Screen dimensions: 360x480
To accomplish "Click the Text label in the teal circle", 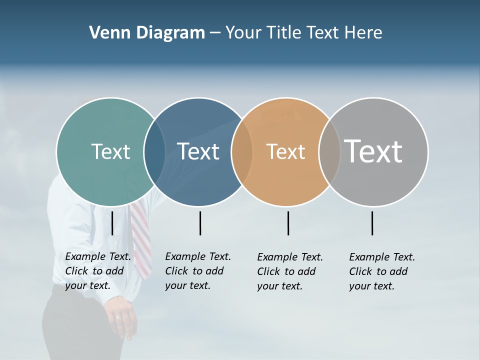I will (110, 151).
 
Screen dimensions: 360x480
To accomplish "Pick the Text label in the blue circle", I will (198, 151).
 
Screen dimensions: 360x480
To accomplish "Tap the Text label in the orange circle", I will (285, 151).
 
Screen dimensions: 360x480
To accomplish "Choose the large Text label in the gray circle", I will (373, 151).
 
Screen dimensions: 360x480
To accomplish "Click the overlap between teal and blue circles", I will (154, 151).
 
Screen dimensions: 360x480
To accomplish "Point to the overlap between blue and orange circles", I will (242, 151).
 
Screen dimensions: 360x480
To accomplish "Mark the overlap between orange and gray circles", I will (329, 151).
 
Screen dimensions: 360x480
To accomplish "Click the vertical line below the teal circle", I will (112, 223).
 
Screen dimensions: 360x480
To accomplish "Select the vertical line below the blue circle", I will (200, 223).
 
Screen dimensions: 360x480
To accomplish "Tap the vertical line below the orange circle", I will (288, 223).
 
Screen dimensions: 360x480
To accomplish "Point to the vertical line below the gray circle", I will (372, 223).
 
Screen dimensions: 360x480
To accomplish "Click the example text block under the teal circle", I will (97, 271).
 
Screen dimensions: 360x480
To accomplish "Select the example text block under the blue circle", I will (197, 271).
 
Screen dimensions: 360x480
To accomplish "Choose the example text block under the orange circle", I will (289, 271).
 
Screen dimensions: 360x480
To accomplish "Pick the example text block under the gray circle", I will (381, 271).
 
